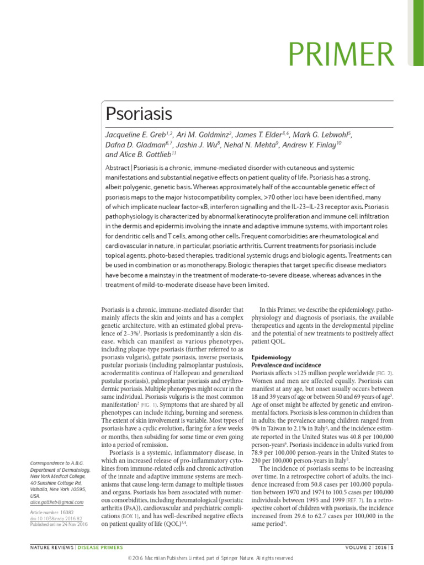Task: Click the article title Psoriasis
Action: [x=139, y=114]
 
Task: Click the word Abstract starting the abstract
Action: [x=118, y=167]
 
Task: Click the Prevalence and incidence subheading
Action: [x=287, y=365]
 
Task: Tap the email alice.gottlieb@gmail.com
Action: [x=57, y=502]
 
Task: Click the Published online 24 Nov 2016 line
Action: [x=59, y=524]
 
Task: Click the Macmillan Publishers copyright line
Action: [x=212, y=559]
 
